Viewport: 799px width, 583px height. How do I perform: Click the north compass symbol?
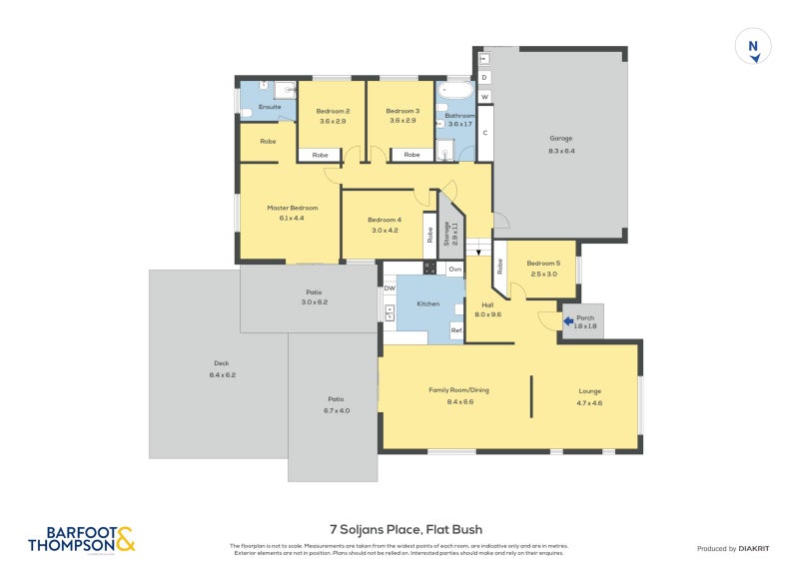(x=753, y=47)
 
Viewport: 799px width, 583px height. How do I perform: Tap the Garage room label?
(x=560, y=139)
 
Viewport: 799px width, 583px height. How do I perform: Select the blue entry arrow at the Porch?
(x=568, y=321)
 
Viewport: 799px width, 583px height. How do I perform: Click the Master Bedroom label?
(x=292, y=208)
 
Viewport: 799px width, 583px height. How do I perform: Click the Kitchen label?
(x=427, y=303)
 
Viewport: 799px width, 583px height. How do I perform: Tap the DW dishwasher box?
(x=390, y=289)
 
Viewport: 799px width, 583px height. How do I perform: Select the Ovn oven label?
(x=454, y=269)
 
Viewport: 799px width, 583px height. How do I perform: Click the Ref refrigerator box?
(x=455, y=330)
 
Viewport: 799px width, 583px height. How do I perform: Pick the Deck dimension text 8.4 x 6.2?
(x=222, y=374)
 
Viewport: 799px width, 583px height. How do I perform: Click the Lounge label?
(x=589, y=391)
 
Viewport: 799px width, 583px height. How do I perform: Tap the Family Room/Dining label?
(x=457, y=390)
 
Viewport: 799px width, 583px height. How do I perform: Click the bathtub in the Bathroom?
(x=459, y=94)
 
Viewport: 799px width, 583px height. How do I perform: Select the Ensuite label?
(x=270, y=106)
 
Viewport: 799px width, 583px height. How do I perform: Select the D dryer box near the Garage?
(x=484, y=76)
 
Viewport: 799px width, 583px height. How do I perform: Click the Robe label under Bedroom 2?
(x=320, y=155)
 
